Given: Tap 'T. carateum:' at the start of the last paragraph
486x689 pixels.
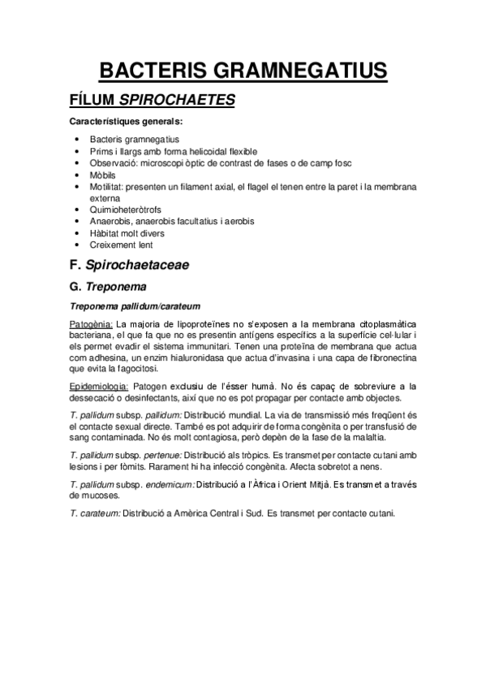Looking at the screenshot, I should (x=95, y=514).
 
